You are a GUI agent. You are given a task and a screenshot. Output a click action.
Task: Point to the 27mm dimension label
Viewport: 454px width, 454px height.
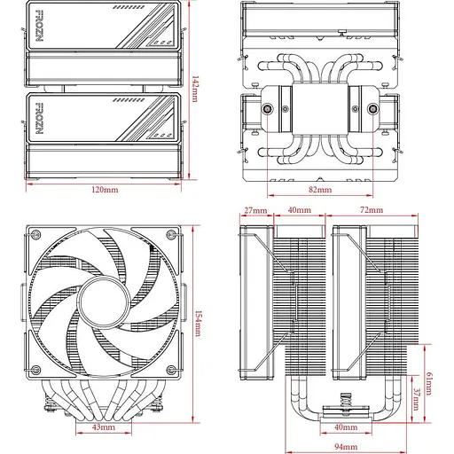[x=254, y=210]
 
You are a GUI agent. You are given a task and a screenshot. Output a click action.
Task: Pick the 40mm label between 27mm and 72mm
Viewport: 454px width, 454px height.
[x=300, y=210]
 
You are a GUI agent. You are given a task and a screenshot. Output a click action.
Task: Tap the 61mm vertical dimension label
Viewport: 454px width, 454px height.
[x=429, y=383]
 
